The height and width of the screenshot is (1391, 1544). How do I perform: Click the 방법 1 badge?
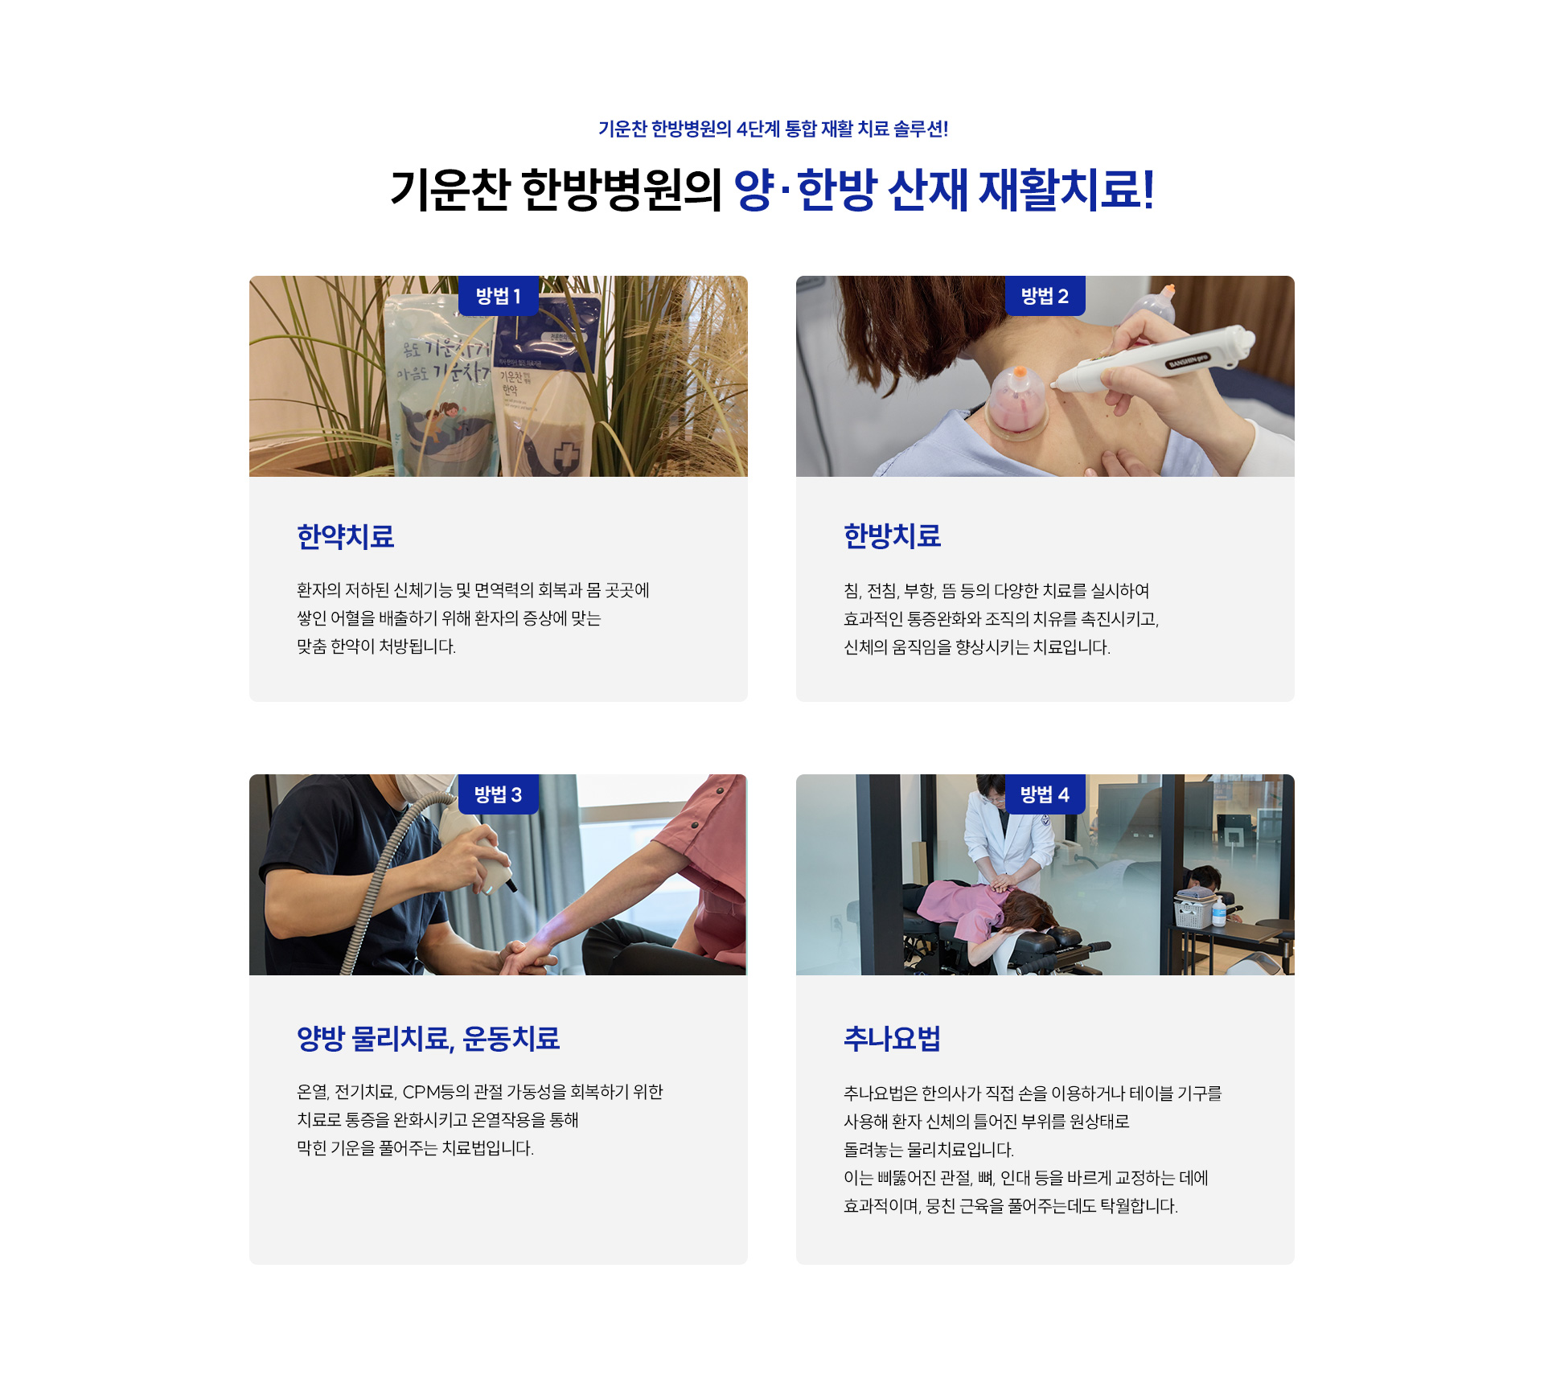(498, 296)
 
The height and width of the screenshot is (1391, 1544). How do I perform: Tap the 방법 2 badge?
(1045, 296)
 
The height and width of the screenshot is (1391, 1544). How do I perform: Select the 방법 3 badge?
(498, 794)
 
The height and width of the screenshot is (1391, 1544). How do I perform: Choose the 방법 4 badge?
(1045, 794)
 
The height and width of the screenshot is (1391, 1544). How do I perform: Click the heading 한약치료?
(346, 536)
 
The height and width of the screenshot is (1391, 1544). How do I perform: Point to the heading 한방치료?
(893, 535)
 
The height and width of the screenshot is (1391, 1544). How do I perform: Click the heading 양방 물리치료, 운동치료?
(428, 1038)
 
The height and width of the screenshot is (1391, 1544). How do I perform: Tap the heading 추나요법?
(892, 1039)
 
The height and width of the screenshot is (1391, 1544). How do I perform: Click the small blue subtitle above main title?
(773, 129)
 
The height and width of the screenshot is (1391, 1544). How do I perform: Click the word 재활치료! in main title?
(1066, 191)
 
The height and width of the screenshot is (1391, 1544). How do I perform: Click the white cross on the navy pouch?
(567, 456)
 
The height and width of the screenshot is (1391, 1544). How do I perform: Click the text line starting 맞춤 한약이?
(376, 646)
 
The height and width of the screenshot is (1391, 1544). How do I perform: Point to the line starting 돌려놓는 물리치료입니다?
(929, 1150)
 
